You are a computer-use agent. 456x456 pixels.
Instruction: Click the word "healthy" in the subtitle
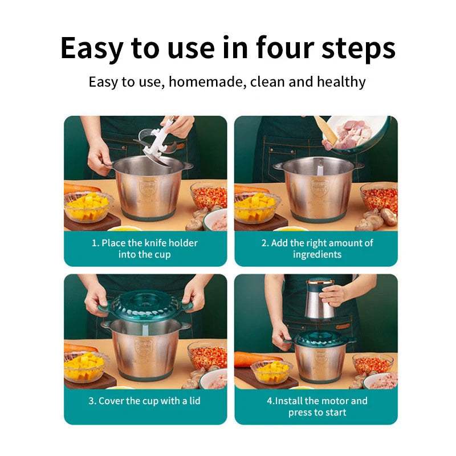tap(341, 82)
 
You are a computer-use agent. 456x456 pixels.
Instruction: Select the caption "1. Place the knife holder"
tap(145, 243)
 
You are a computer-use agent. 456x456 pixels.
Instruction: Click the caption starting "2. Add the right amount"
tap(317, 243)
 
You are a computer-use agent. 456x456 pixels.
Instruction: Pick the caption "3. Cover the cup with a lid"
tap(145, 401)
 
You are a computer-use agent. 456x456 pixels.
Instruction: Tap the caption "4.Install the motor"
tap(317, 401)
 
